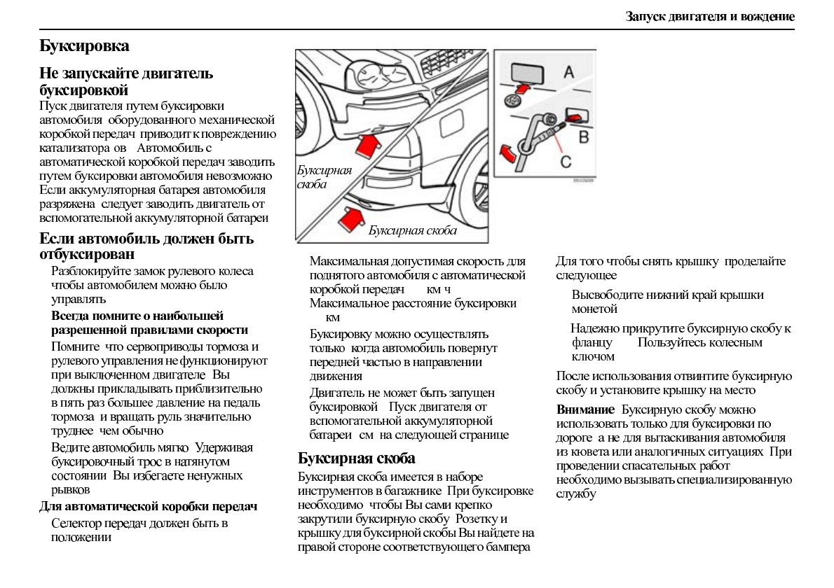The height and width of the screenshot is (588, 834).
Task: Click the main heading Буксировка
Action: [x=84, y=47]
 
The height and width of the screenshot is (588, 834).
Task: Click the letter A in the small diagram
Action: [x=568, y=71]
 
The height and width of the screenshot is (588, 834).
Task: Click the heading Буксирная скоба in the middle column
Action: [x=357, y=458]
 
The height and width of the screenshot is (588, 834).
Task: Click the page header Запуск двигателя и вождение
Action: [x=710, y=15]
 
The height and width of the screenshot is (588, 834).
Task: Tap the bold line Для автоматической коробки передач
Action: [x=149, y=507]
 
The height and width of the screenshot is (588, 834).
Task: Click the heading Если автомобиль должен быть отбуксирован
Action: [x=146, y=246]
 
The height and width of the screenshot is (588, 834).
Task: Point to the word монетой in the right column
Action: [x=594, y=309]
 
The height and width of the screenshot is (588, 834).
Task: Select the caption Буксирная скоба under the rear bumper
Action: [x=412, y=230]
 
